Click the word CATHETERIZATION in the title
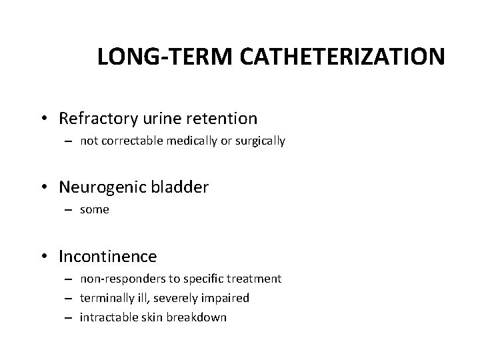[x=349, y=57]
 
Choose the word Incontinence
[x=108, y=256]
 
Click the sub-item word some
[x=94, y=210]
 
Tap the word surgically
[x=262, y=141]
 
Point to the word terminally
[x=105, y=298]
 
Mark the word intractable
[x=105, y=317]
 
